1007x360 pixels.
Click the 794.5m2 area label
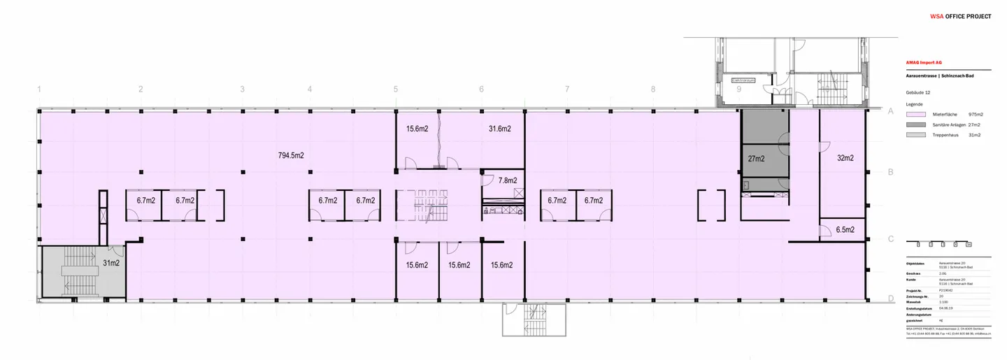pos(291,155)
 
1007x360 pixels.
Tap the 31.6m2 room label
pos(499,129)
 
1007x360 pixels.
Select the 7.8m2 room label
pos(508,180)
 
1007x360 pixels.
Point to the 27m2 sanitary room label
pos(756,159)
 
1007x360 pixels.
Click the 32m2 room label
pos(845,159)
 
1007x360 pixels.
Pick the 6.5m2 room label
pos(845,229)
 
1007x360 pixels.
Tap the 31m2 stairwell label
pos(111,263)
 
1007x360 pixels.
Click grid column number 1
pos(39,89)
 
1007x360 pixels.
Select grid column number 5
pos(395,89)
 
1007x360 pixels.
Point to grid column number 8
pos(652,89)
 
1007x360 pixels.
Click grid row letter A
pos(891,111)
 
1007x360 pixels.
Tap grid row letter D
pos(891,299)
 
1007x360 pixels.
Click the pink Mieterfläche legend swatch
pos(917,114)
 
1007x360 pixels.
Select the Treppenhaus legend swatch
pos(917,135)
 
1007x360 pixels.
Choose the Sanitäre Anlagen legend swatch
pos(917,124)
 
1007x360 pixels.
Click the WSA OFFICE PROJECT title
pos(960,16)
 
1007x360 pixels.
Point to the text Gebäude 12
pos(917,92)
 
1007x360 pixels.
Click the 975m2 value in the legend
pos(976,114)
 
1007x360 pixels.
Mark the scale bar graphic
pos(939,245)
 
